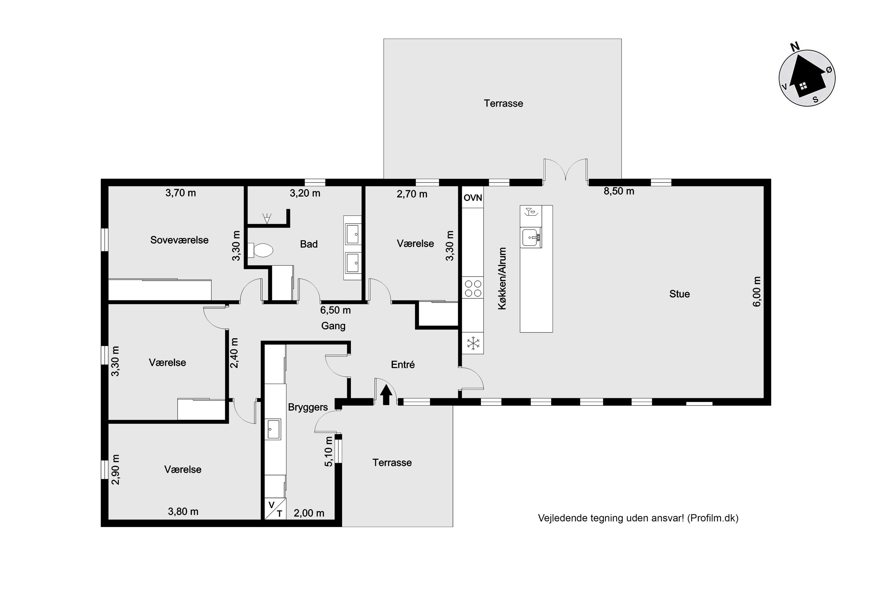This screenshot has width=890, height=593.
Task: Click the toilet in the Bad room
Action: pos(260,250)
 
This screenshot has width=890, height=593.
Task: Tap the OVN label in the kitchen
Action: pos(473,197)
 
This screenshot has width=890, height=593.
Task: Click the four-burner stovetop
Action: pos(473,288)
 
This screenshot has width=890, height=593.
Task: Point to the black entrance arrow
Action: pos(386,395)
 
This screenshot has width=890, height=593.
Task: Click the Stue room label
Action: pos(679,294)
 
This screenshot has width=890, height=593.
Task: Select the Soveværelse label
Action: pos(179,240)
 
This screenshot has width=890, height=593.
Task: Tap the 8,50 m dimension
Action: pos(619,191)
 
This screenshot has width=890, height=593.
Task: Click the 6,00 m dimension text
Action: pos(756,292)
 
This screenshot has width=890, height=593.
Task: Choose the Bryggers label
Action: pos(308,407)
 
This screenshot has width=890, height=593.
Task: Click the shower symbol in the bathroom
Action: pos(267,218)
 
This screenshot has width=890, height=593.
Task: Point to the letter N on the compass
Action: pos(795,47)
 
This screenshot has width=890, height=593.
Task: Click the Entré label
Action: pos(403,364)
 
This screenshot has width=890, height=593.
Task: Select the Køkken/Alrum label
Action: pos(502,279)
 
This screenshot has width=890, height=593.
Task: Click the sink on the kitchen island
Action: pos(531,237)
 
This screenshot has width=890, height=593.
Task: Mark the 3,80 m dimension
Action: pos(183,511)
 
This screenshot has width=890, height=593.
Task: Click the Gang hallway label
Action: pos(333,326)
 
